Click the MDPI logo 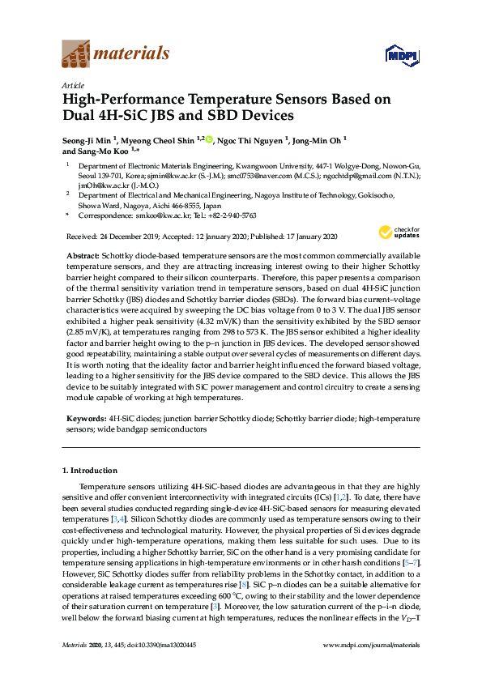pyautogui.click(x=401, y=55)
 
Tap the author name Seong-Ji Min pyautogui.click(x=87, y=139)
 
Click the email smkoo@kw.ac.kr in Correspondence pyautogui.click(x=149, y=215)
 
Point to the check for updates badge pyautogui.click(x=399, y=233)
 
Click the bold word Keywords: pyautogui.click(x=84, y=419)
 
